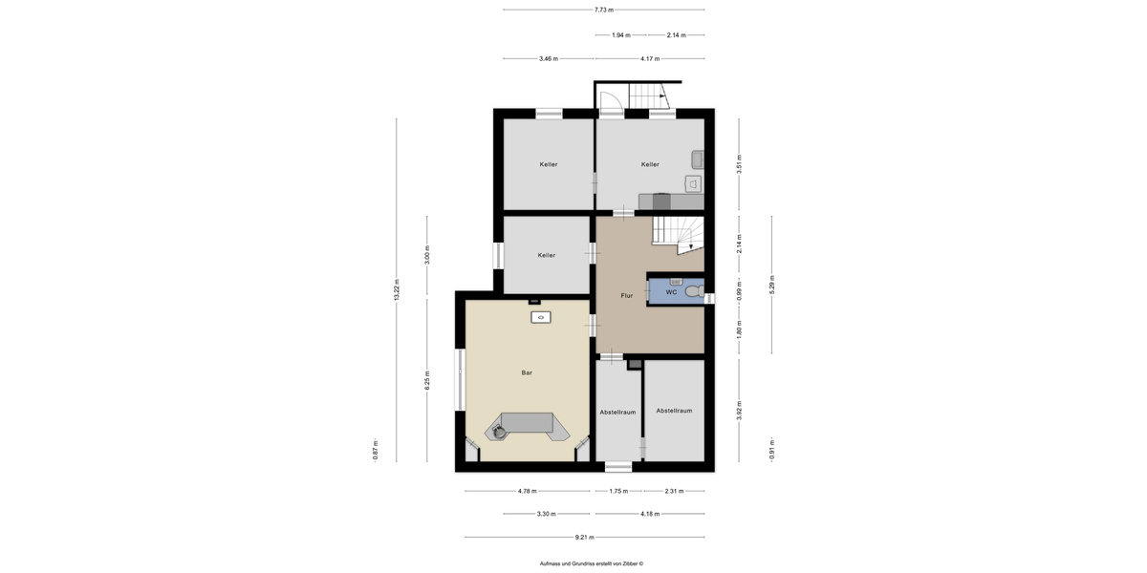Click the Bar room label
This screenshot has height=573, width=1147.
[527, 373]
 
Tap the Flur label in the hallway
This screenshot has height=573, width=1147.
[627, 296]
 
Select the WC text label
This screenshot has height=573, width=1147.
[671, 292]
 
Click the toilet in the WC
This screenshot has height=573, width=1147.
[695, 291]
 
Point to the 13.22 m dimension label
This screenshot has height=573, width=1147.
[397, 290]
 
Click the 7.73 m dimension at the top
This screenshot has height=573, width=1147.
[604, 10]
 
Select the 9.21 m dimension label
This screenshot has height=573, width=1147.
[584, 537]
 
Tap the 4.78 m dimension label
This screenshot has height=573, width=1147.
[527, 491]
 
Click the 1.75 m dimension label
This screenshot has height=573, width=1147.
[618, 491]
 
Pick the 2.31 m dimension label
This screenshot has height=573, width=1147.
[674, 491]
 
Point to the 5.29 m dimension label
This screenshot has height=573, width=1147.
[772, 285]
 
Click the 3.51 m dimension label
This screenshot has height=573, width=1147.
[739, 164]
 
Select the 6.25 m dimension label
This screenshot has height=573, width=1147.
[427, 380]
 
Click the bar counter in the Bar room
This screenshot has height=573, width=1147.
[528, 425]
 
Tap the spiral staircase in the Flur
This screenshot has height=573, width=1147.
[678, 235]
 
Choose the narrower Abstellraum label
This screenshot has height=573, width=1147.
[617, 413]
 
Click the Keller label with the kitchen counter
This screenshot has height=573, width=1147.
[650, 164]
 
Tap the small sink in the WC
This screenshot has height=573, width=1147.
[676, 282]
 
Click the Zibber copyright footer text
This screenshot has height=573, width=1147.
[592, 563]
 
